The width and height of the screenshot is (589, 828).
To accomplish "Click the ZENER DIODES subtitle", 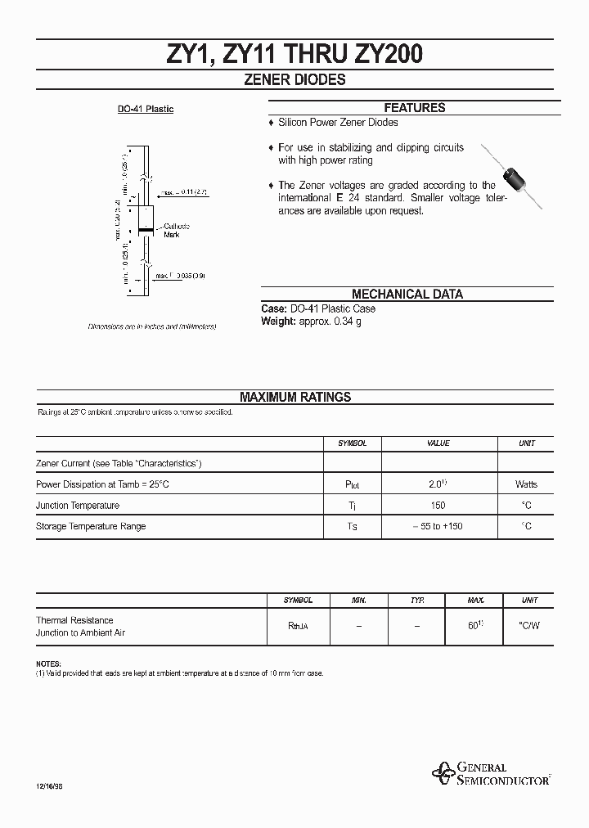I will (x=295, y=80).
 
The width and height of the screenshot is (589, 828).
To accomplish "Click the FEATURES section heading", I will (x=415, y=108).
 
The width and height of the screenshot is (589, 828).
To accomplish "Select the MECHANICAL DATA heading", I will (x=407, y=295).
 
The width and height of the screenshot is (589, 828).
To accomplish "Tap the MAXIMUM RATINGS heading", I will (x=295, y=397).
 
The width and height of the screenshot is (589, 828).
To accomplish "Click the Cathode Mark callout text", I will (x=175, y=230).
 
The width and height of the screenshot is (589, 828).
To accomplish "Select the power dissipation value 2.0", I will (x=438, y=484).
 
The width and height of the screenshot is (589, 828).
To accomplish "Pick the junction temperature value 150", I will (x=438, y=506).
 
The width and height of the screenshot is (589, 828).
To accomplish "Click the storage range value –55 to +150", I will (x=438, y=526).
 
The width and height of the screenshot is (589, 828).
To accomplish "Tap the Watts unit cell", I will (x=527, y=484).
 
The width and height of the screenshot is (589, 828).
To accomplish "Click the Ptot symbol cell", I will (x=352, y=485).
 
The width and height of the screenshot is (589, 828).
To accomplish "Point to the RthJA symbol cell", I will (x=297, y=627).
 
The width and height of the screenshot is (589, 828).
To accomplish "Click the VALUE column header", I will (x=438, y=443).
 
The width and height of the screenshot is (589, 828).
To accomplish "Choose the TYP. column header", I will (x=417, y=601).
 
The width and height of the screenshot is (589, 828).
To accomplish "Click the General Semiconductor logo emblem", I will (x=442, y=772).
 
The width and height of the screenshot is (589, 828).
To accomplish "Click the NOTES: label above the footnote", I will (x=48, y=664).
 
